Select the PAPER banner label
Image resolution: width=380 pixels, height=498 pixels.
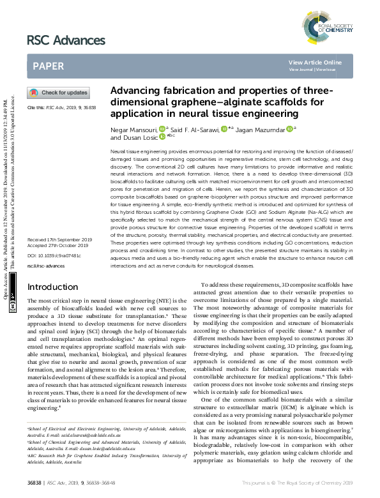(x=48, y=65)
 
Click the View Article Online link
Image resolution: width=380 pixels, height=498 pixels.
(x=315, y=62)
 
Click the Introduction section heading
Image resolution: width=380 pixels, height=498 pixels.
(x=52, y=305)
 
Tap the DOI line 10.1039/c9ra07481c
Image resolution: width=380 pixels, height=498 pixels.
(x=50, y=273)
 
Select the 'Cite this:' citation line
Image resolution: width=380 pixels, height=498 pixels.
(x=61, y=108)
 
